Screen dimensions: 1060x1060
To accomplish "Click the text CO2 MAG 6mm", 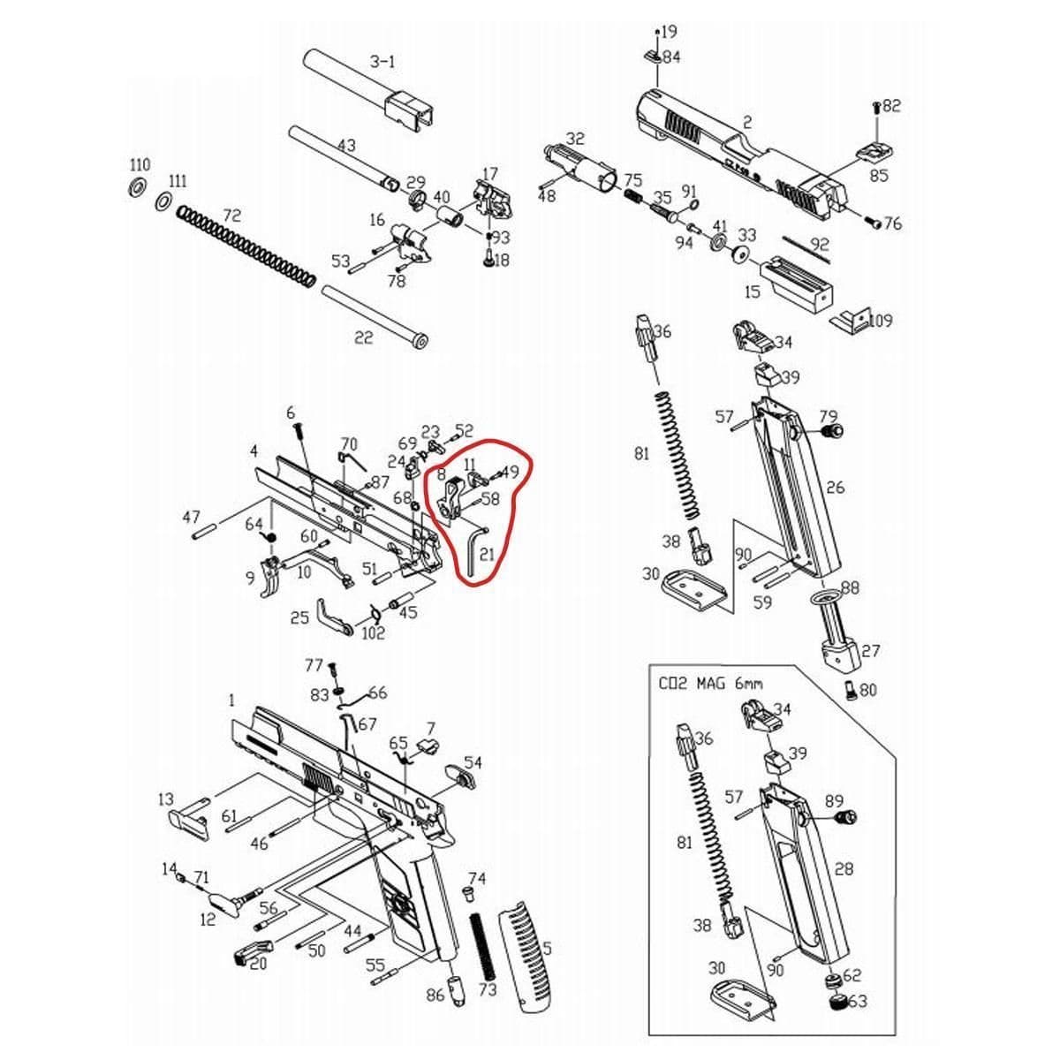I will click(x=710, y=683).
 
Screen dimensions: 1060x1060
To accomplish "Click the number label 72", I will click(x=231, y=216).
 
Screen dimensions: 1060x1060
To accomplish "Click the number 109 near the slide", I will click(x=878, y=320).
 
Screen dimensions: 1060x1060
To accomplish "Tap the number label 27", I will click(x=870, y=651).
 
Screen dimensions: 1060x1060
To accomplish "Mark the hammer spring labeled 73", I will click(x=481, y=944).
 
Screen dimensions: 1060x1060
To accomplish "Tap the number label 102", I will click(x=374, y=633).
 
